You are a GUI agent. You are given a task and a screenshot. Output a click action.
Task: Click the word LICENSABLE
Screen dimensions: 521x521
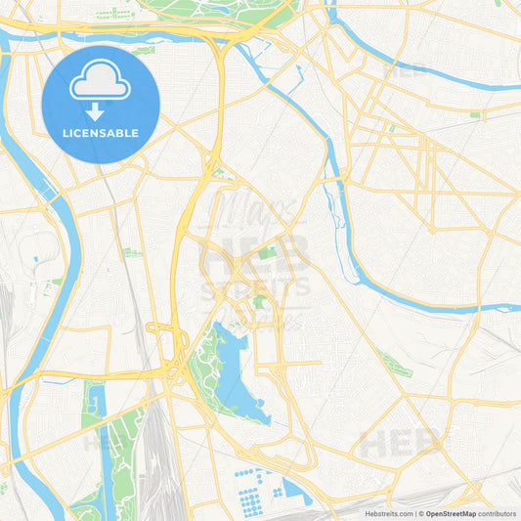click(x=100, y=132)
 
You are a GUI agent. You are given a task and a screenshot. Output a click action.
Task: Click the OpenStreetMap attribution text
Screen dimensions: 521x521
click(x=450, y=513)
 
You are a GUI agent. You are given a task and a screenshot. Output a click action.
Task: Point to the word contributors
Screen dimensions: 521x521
click(x=497, y=513)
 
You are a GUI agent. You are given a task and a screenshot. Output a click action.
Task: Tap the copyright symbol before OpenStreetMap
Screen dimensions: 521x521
click(x=421, y=513)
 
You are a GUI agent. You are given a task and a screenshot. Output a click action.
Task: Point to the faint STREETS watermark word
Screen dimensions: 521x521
click(x=254, y=287)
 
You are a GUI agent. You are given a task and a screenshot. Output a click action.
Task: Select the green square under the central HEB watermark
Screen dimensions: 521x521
click(x=267, y=253)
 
